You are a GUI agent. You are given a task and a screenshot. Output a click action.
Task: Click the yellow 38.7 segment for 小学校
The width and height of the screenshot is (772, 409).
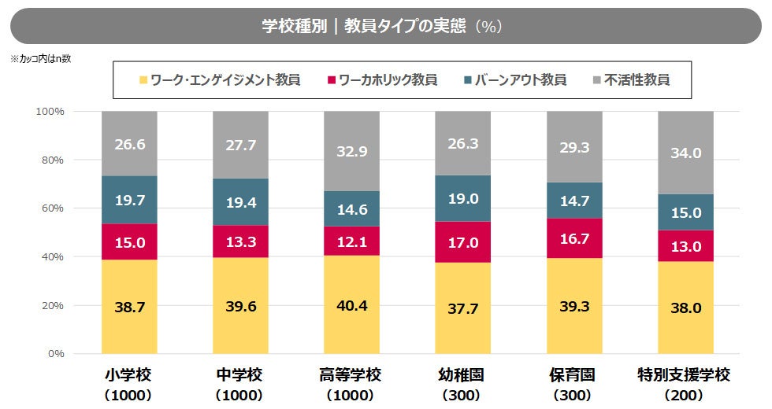coord(129,307)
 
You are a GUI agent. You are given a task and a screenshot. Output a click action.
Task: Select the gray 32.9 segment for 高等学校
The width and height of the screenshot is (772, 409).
coord(351,152)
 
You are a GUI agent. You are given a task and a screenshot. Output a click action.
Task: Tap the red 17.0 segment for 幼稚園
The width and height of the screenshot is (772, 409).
coord(463,242)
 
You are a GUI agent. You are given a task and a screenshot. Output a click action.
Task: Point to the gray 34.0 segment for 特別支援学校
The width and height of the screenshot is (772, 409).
coord(685,153)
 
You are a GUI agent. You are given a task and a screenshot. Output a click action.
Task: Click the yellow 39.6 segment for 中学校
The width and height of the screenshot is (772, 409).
coord(240,305)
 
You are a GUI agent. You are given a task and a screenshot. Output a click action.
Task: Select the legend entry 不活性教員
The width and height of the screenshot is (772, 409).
coord(637,79)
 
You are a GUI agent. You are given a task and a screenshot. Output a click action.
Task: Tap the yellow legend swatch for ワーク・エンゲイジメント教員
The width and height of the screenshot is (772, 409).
coord(143,80)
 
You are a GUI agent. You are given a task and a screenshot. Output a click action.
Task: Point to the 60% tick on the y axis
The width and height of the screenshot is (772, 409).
coord(51,208)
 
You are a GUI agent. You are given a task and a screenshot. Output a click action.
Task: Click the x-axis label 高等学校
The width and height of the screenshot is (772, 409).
coord(351,375)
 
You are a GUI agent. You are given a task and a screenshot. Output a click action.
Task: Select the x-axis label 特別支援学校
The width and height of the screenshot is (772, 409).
coord(685,375)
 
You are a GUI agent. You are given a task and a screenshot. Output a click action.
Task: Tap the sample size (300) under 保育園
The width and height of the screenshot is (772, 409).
coord(573,395)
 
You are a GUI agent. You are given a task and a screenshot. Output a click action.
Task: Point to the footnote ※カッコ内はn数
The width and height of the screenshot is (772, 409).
coord(40,59)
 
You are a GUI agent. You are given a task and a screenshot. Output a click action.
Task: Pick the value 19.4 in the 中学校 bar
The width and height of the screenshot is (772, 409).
coord(240,202)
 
